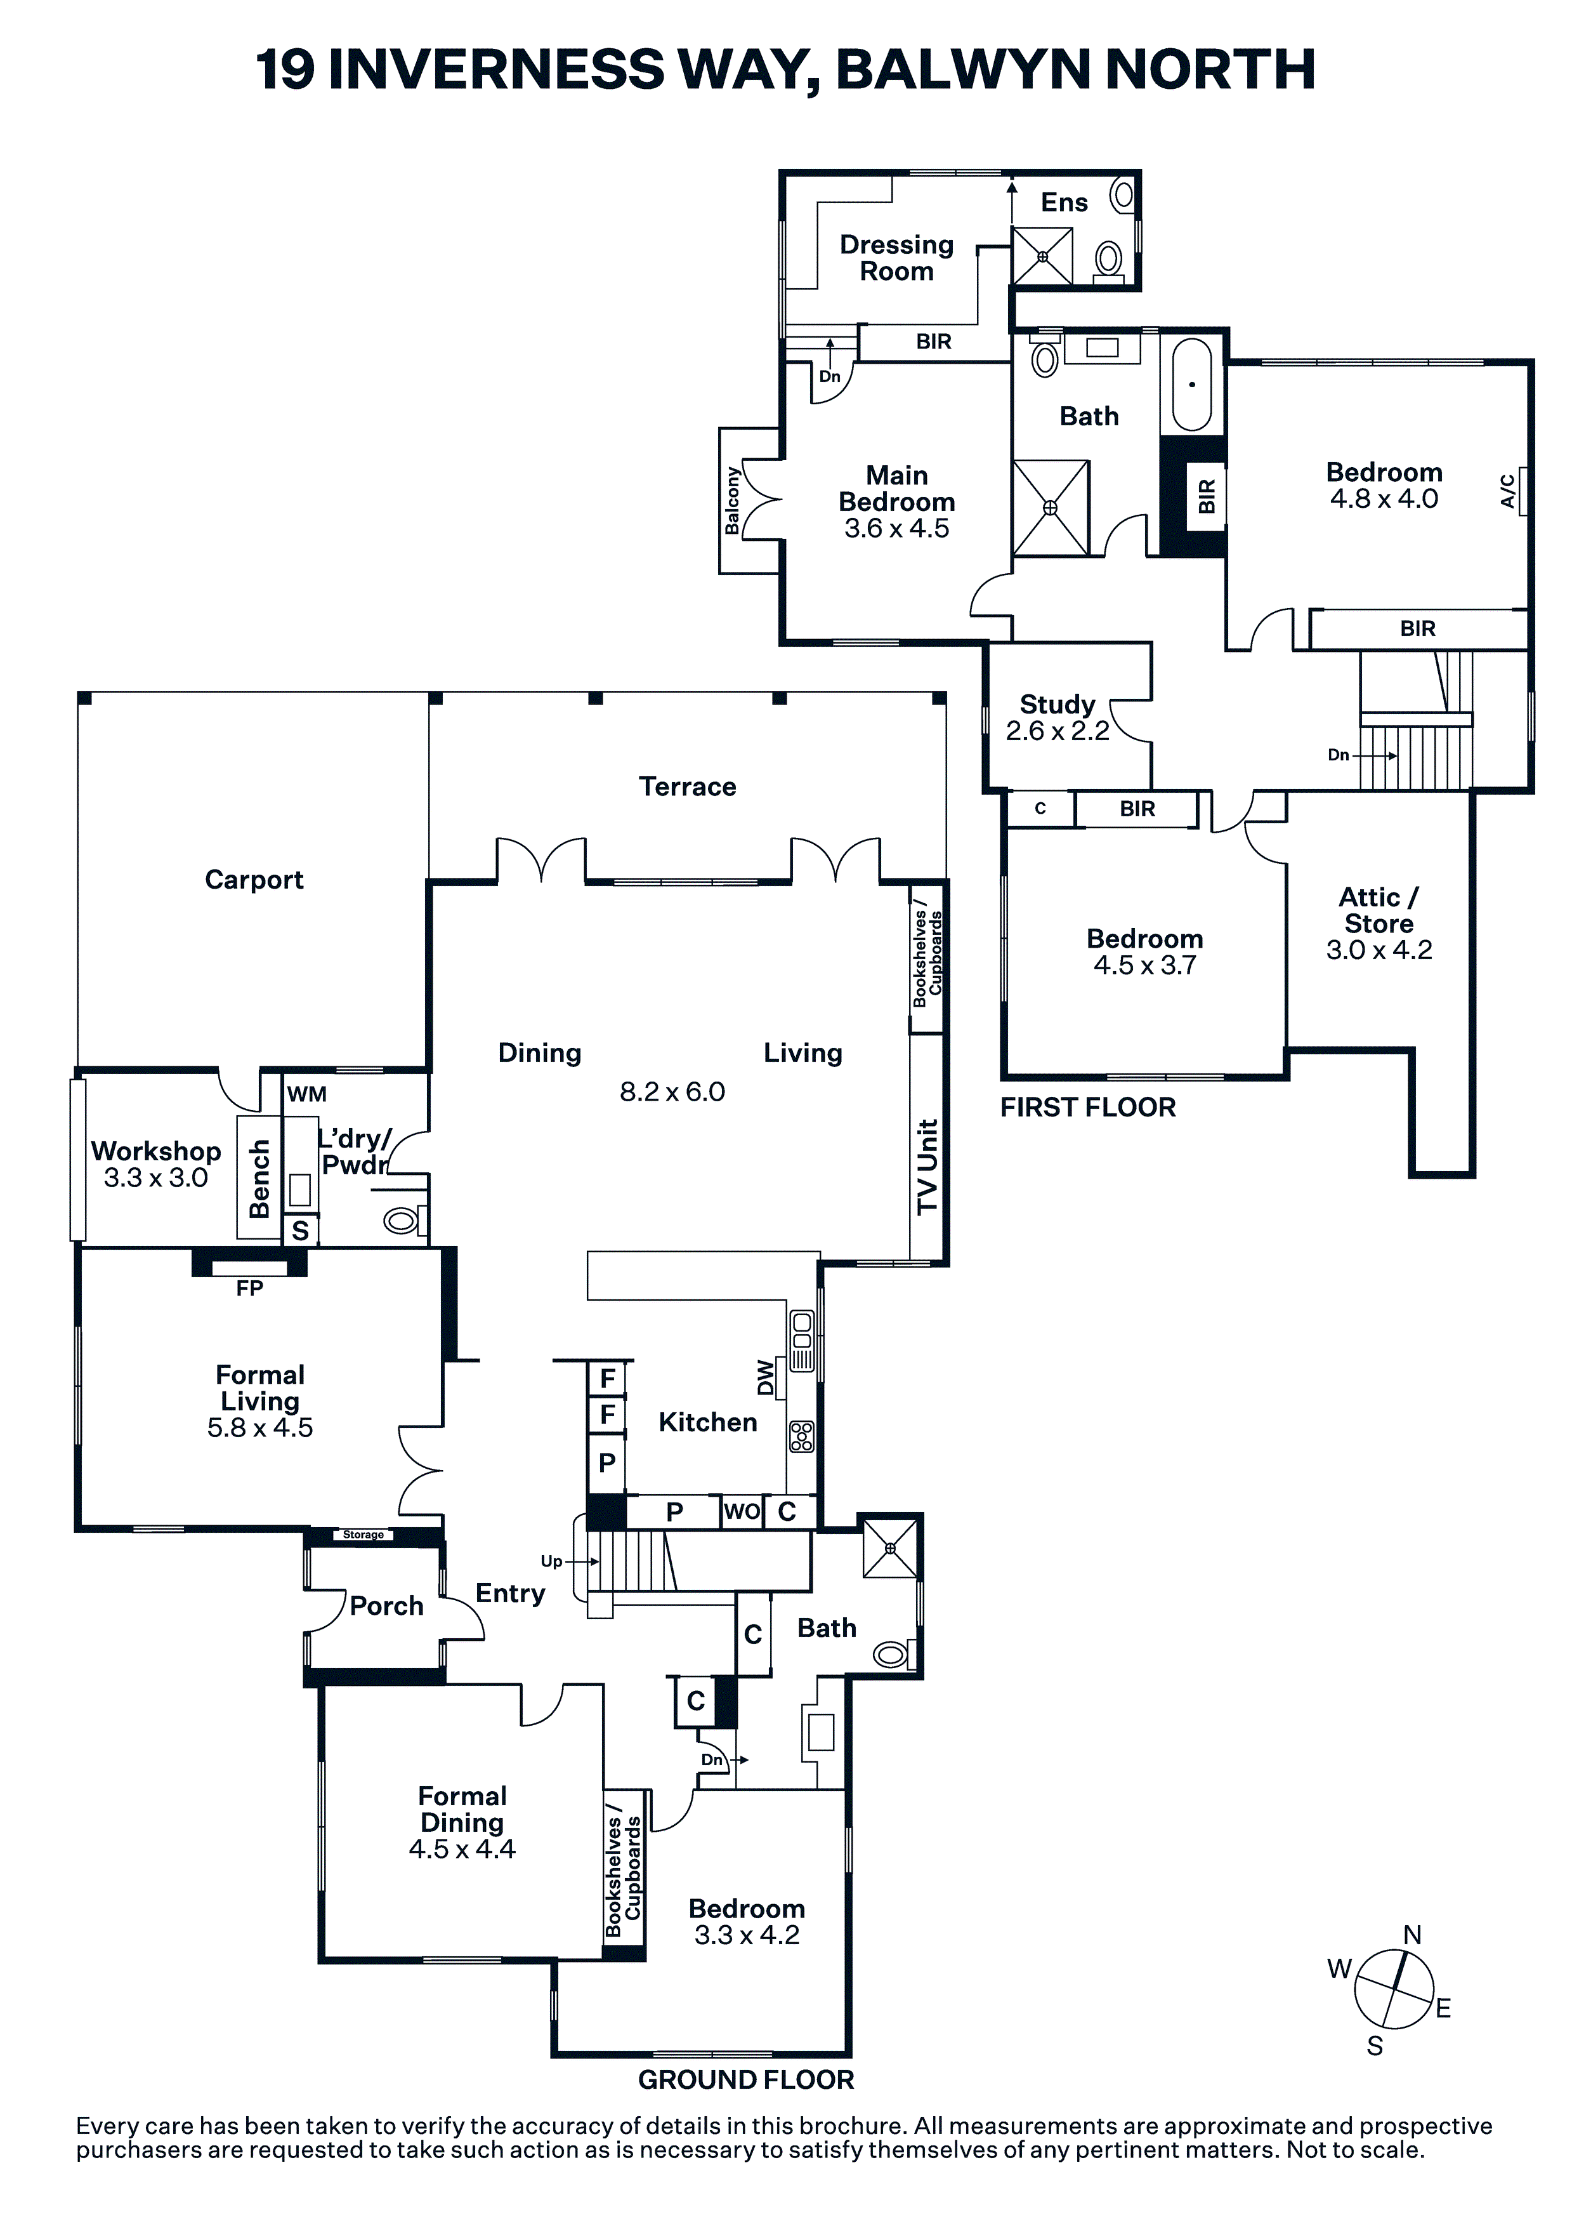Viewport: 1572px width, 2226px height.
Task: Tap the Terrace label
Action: coord(687,786)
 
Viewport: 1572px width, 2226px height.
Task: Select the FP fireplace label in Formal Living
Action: coord(250,1289)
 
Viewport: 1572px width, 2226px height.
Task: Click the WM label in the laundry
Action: coord(306,1094)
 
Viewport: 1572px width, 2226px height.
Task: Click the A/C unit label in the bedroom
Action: coord(1507,491)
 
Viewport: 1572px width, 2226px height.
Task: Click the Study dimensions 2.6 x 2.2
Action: coord(1058,731)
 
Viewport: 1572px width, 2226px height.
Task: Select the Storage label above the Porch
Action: coord(364,1535)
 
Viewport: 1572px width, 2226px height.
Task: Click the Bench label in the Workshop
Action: coord(259,1179)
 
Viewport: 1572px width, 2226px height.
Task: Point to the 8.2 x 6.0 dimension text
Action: coord(672,1092)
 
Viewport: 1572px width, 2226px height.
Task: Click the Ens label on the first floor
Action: coord(1064,202)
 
